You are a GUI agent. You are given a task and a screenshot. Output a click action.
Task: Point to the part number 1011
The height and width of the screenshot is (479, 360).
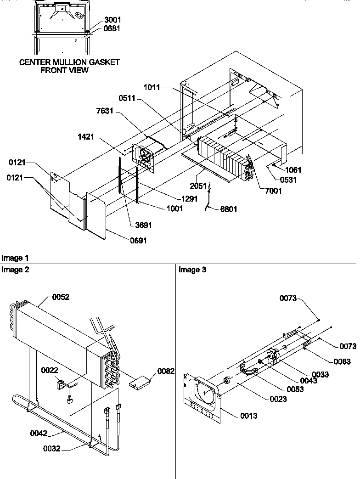[151, 87]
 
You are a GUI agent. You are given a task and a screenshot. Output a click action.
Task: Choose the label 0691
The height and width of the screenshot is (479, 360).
[137, 240]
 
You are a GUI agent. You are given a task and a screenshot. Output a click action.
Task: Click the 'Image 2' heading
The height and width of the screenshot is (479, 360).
[16, 270]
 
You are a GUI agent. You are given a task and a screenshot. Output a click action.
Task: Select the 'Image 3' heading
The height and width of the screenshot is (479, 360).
[192, 270]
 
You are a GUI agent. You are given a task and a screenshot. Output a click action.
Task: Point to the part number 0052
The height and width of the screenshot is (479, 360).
[61, 297]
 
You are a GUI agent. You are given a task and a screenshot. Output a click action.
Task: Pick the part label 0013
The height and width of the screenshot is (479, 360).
[248, 416]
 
